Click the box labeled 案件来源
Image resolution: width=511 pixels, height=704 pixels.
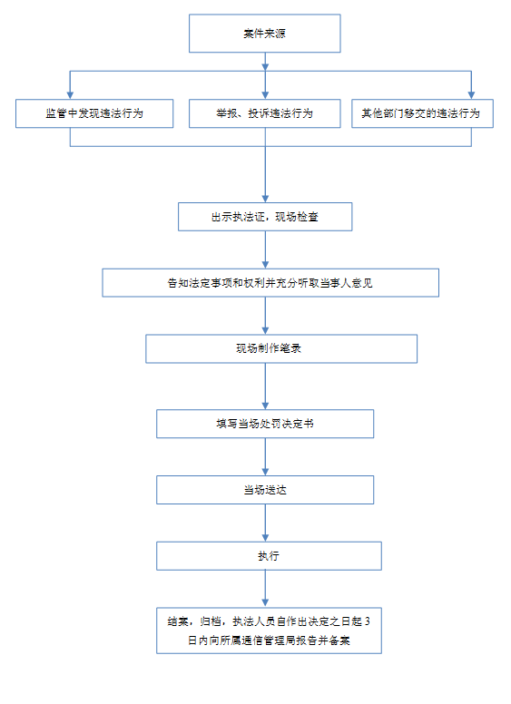pos(264,34)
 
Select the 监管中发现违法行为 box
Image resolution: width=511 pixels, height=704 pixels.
pos(94,113)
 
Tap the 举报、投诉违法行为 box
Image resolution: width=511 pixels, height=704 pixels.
pos(264,113)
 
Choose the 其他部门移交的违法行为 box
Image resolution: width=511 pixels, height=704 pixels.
pos(422,113)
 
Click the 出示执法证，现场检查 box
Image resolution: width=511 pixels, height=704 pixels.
pos(265,217)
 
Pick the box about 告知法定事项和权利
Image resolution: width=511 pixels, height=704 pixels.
pos(270,283)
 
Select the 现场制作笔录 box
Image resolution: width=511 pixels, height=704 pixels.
pos(281,348)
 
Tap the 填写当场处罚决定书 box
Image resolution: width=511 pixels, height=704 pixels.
pos(265,424)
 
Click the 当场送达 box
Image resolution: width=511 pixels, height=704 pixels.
pos(265,490)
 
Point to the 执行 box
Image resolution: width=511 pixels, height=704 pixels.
pos(269,556)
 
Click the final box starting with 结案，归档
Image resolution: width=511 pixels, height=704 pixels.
pos(269,631)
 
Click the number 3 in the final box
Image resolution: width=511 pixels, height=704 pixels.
pos(368,621)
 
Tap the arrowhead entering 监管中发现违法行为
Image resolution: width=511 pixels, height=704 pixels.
pos(70,95)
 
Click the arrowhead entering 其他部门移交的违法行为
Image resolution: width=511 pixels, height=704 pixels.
pos(471,95)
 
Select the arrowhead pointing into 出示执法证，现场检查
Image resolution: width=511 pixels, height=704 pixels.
pos(265,199)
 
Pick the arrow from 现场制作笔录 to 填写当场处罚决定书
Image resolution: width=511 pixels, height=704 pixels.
pos(265,386)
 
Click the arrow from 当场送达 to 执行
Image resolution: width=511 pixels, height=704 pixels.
pos(265,523)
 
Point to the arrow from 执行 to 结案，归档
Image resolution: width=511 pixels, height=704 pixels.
pos(265,589)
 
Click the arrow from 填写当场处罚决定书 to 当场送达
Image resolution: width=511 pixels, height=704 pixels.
pos(265,456)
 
